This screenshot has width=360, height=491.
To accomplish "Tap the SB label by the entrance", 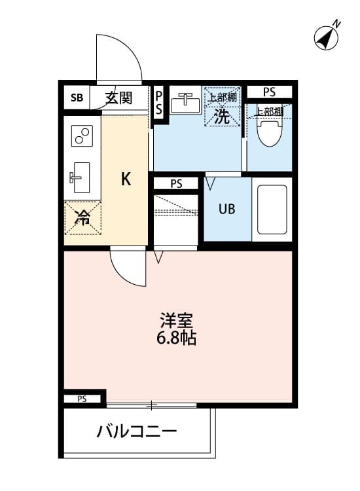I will pyautogui.click(x=77, y=98).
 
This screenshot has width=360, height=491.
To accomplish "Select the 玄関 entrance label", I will pyautogui.click(x=118, y=98).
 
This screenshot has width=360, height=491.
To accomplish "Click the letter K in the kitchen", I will pyautogui.click(x=126, y=179).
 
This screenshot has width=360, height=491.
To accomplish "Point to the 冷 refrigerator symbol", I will pyautogui.click(x=82, y=218).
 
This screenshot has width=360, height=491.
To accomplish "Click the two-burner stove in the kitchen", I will pyautogui.click(x=82, y=136).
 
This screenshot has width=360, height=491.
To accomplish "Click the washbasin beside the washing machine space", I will pyautogui.click(x=185, y=103).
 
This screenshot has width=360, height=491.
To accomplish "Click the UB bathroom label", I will pyautogui.click(x=226, y=209).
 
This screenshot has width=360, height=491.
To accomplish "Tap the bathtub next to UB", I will pyautogui.click(x=272, y=209).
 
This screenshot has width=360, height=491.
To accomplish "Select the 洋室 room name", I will pyautogui.click(x=177, y=322).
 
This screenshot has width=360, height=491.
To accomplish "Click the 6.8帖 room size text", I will pyautogui.click(x=177, y=339).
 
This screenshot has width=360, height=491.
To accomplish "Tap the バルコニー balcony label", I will pyautogui.click(x=137, y=431).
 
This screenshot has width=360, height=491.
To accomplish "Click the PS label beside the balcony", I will pyautogui.click(x=82, y=399).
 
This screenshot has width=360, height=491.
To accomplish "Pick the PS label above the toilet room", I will pyautogui.click(x=269, y=91).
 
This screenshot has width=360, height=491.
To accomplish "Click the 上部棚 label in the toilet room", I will pyautogui.click(x=269, y=111).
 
